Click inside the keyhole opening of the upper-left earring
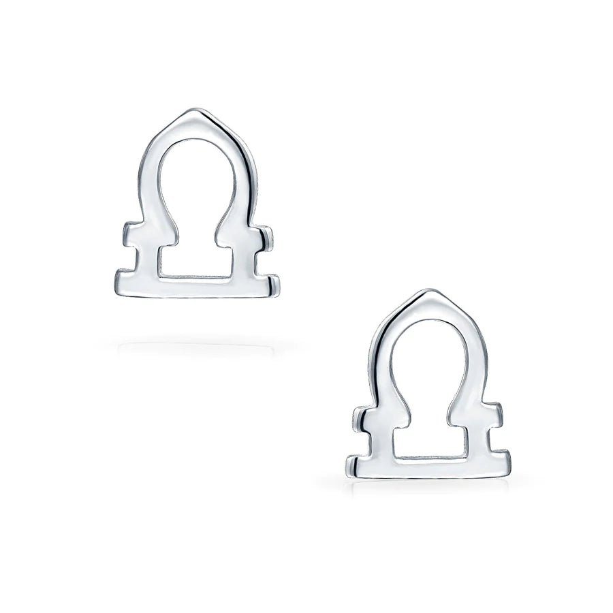195,204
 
